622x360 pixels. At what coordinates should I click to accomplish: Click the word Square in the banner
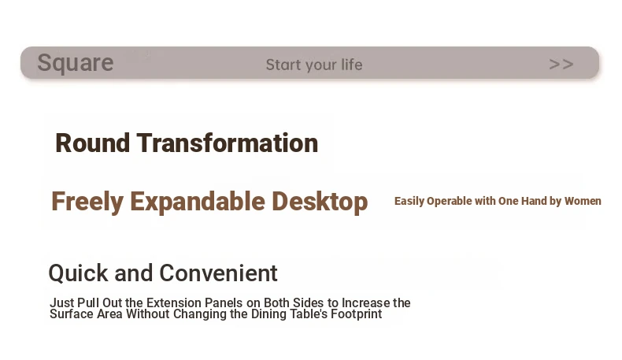pos(76,63)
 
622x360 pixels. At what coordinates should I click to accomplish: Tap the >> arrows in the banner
pos(561,64)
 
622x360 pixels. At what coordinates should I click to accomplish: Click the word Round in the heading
pos(92,143)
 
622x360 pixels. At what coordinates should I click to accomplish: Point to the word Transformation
pos(228,143)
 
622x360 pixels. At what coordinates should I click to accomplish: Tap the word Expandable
pos(198,202)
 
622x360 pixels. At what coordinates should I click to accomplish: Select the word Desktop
pos(320,202)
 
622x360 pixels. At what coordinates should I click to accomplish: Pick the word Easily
pos(409,201)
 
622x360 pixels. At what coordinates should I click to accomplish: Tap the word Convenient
pos(218,273)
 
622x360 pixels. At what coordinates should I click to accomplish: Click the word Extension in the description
pos(174,302)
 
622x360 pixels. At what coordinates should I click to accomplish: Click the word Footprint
pos(356,314)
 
